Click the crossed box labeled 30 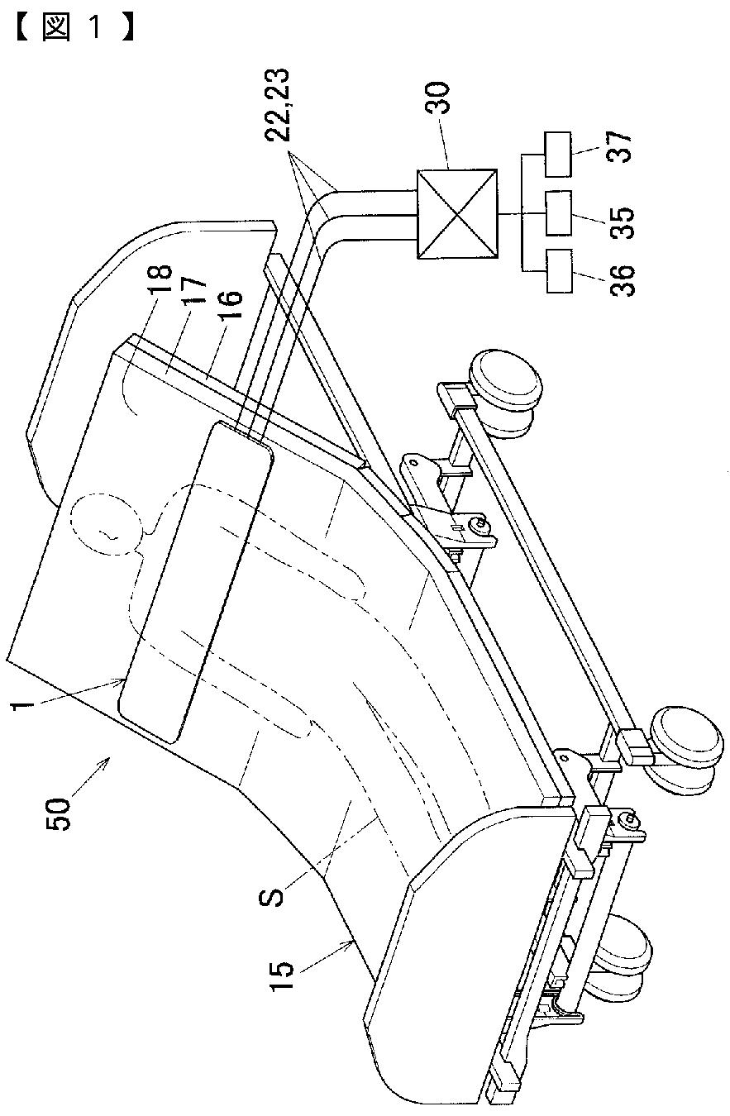click(457, 213)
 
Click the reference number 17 click(196, 290)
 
